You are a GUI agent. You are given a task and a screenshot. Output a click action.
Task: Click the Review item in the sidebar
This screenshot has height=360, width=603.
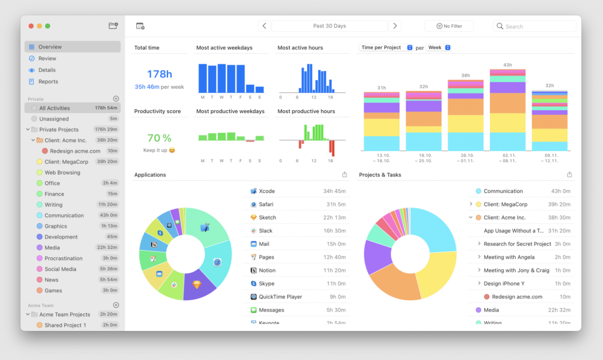click(47, 58)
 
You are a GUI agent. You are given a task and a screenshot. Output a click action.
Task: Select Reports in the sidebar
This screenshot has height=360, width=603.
click(48, 81)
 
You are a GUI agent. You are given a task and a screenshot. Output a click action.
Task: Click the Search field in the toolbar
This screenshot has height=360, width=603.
click(534, 26)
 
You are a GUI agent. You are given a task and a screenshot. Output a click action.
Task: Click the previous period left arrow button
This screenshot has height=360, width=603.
click(264, 26)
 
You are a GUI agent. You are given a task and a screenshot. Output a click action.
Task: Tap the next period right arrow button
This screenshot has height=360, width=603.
click(395, 26)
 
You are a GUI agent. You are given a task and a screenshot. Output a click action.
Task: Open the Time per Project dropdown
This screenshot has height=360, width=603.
click(386, 47)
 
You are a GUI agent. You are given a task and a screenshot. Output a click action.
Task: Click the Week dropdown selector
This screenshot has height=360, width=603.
click(439, 47)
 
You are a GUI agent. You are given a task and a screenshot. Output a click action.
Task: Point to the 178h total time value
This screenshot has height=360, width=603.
click(159, 74)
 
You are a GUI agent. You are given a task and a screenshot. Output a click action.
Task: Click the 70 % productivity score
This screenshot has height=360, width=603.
click(159, 138)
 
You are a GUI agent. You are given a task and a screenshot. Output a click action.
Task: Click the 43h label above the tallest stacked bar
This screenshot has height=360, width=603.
click(507, 65)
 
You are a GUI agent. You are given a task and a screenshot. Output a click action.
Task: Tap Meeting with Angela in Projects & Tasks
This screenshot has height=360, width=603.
click(509, 257)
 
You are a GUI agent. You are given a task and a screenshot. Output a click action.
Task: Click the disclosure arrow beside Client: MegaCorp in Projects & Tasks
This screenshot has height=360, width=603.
click(471, 204)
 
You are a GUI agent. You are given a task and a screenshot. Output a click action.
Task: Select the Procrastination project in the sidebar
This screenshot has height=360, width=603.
click(63, 258)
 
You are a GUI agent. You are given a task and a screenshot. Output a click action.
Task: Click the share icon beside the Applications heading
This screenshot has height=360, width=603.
click(345, 175)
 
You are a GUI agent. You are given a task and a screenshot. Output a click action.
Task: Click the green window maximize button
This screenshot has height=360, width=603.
click(48, 26)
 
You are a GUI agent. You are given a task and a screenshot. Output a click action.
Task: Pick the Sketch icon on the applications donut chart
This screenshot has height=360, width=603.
click(197, 285)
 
